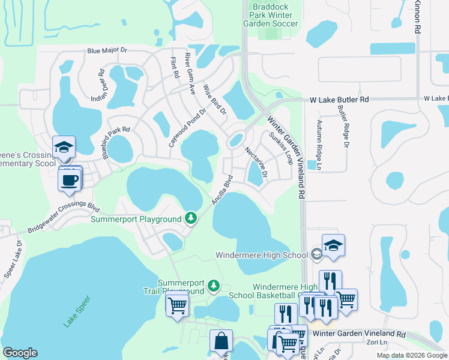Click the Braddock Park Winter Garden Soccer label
point(270,15)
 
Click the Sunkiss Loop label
point(280,148)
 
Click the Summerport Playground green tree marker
point(191,217)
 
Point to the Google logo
point(20,353)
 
